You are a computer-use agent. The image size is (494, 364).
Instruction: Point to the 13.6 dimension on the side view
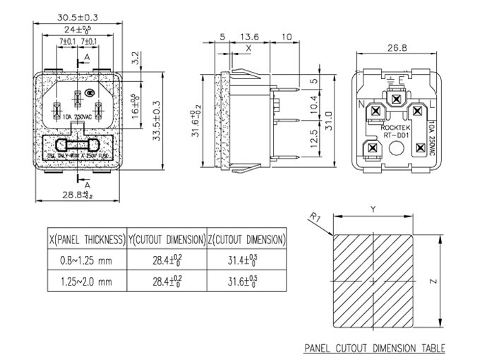[x=249, y=37]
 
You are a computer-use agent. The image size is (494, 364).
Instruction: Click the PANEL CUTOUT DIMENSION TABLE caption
[x=374, y=348]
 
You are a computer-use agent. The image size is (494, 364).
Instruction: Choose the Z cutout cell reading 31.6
[x=246, y=281]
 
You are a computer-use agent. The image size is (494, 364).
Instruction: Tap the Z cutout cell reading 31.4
[x=246, y=260]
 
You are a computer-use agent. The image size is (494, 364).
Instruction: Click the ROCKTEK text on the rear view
[x=395, y=128]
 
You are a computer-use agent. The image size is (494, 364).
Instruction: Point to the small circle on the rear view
[x=396, y=149]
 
